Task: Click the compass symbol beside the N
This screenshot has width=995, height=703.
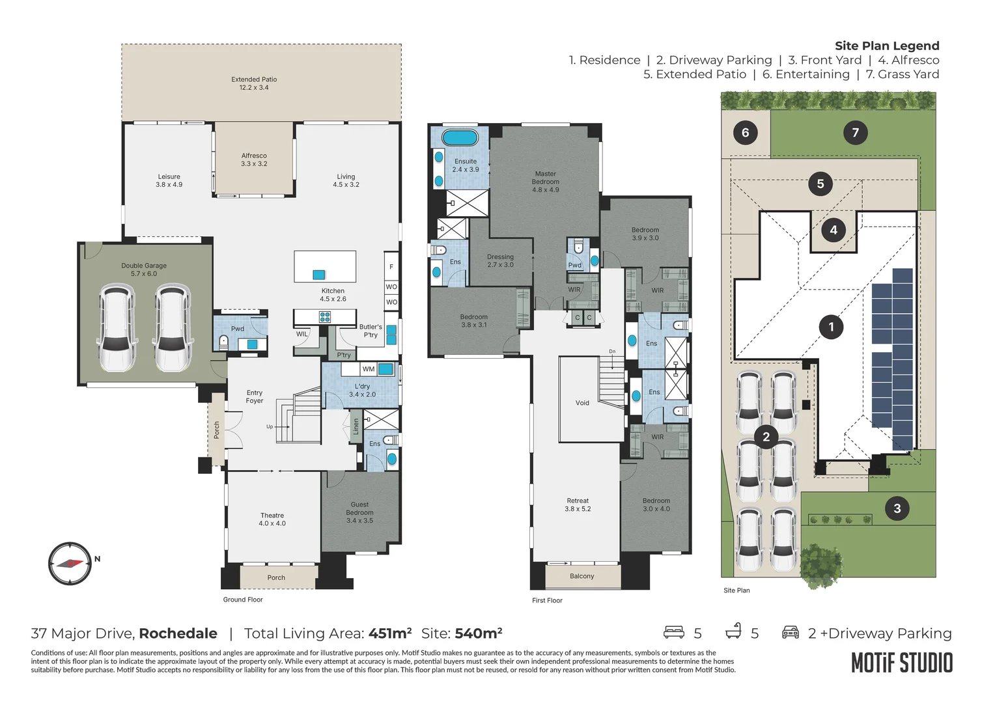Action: coord(70,563)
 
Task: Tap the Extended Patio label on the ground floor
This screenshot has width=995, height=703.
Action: coord(254,83)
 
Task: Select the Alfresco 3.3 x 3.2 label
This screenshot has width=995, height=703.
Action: coord(254,159)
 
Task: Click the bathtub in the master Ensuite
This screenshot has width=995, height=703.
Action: coord(460,138)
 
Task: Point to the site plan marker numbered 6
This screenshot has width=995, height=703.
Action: coord(745,133)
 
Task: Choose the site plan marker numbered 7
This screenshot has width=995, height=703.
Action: coord(855,133)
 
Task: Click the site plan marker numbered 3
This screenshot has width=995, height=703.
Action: coord(897,508)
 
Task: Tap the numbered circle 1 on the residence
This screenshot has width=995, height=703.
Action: coord(830,327)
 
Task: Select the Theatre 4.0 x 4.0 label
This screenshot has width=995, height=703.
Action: coord(272,519)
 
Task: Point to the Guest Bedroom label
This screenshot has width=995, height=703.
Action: coord(359,512)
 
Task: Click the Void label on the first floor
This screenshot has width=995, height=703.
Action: coord(582,403)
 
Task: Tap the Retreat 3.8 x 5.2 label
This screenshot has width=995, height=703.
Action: coord(578,505)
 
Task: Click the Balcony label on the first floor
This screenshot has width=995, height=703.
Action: coord(582,576)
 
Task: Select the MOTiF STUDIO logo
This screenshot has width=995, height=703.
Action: coord(902,663)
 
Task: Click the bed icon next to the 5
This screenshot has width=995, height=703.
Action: coord(673,632)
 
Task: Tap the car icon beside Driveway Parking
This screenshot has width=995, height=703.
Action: coord(790,632)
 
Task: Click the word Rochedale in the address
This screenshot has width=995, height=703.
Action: coord(178,633)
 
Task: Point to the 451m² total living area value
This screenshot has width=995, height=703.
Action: coord(390,633)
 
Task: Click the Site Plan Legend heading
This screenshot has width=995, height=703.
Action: coord(887,46)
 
